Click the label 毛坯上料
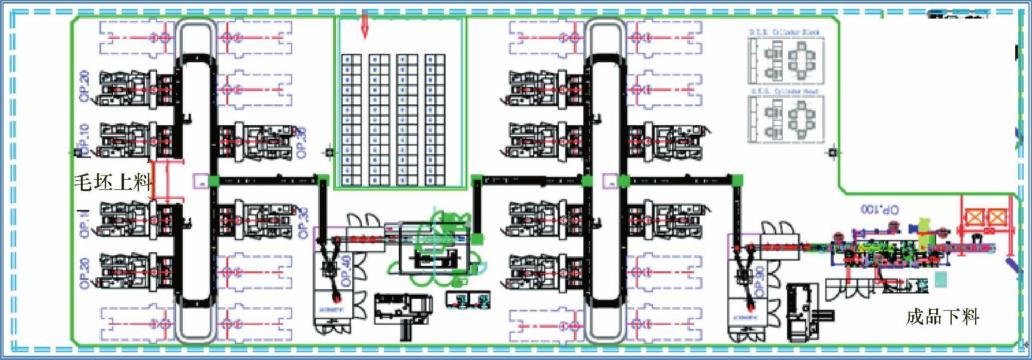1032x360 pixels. (x=113, y=181)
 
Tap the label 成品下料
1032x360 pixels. (x=942, y=316)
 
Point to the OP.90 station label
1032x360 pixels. (x=759, y=281)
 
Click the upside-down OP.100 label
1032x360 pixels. (x=880, y=209)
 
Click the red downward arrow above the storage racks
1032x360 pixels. (x=365, y=27)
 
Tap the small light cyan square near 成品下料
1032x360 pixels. (x=941, y=279)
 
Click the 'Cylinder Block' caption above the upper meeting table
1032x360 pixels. (x=785, y=32)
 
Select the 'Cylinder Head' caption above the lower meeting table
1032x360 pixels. (x=785, y=91)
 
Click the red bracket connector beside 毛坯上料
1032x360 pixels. (x=168, y=179)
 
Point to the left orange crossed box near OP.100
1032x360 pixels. (x=975, y=217)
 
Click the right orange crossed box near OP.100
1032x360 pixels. (x=997, y=217)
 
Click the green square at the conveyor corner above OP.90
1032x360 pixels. (x=737, y=179)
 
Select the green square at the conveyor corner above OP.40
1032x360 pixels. (x=323, y=179)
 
